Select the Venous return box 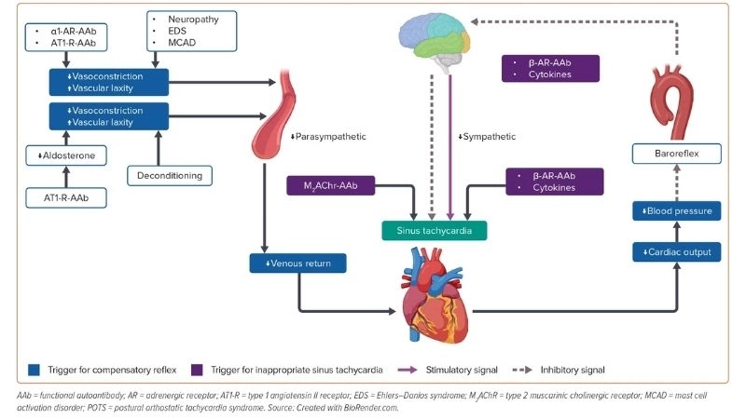point(297,264)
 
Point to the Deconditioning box point(170,174)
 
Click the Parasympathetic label point(328,137)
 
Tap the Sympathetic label point(487,137)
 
